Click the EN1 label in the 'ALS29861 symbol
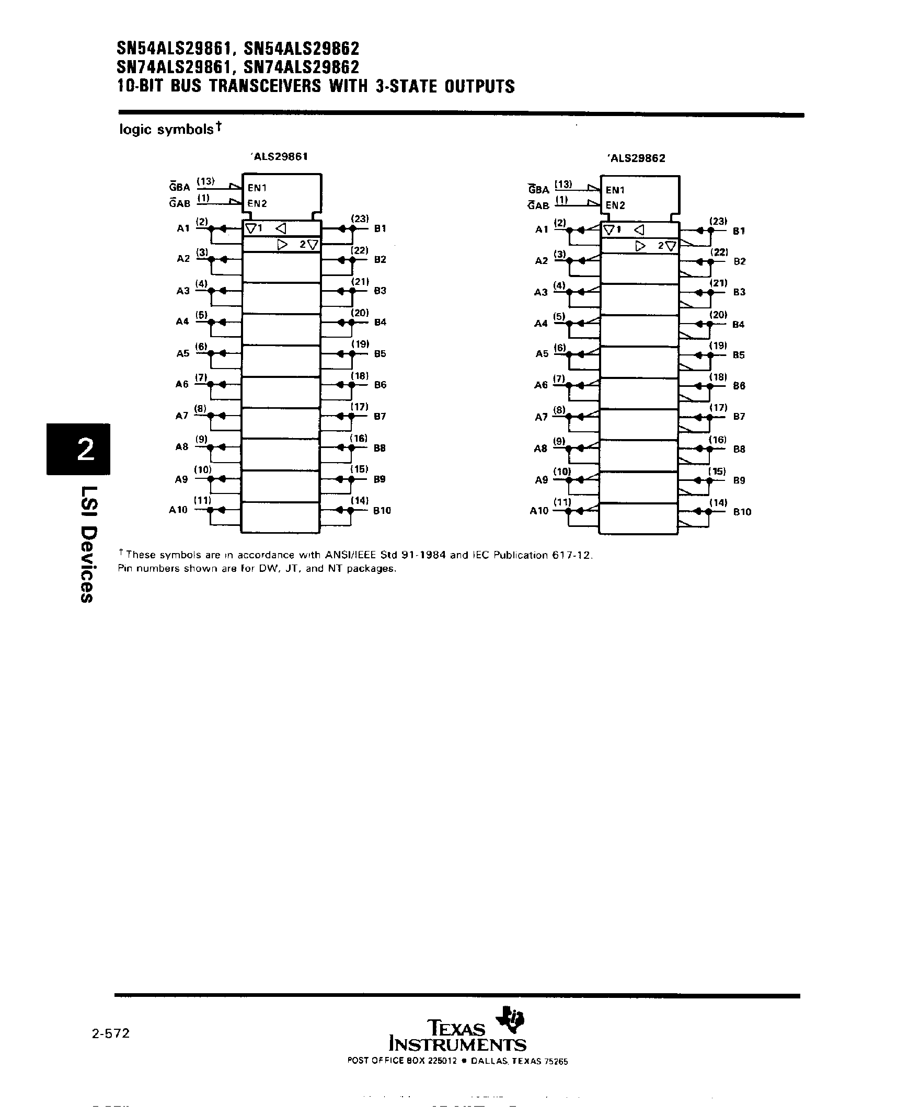[x=257, y=188]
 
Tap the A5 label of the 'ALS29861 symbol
[x=182, y=353]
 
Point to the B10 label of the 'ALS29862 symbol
[x=742, y=512]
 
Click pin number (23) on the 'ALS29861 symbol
[x=360, y=219]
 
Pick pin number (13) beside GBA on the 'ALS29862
[x=563, y=185]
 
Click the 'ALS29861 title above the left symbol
[x=279, y=156]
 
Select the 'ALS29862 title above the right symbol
[x=637, y=158]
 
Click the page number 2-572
[x=111, y=1033]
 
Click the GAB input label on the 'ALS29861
[x=180, y=203]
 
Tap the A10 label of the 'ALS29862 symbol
[x=539, y=511]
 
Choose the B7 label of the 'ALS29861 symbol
[x=380, y=417]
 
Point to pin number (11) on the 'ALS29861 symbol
[x=202, y=500]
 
